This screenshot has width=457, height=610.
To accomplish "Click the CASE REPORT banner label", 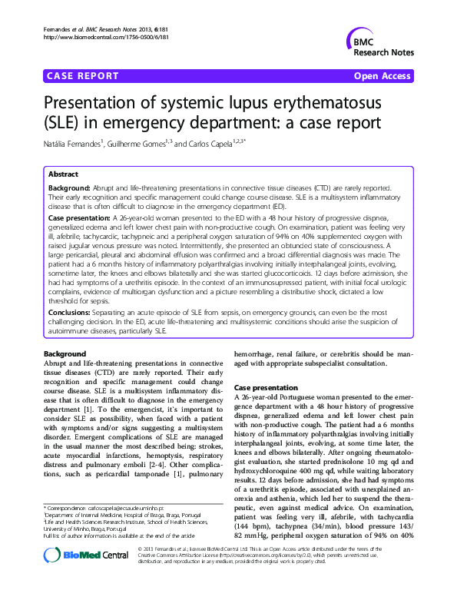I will pyautogui.click(x=83, y=76).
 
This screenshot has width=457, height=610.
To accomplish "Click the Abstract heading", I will pyautogui.click(x=63, y=174).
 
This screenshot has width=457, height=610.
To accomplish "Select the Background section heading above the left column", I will pyautogui.click(x=65, y=353).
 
